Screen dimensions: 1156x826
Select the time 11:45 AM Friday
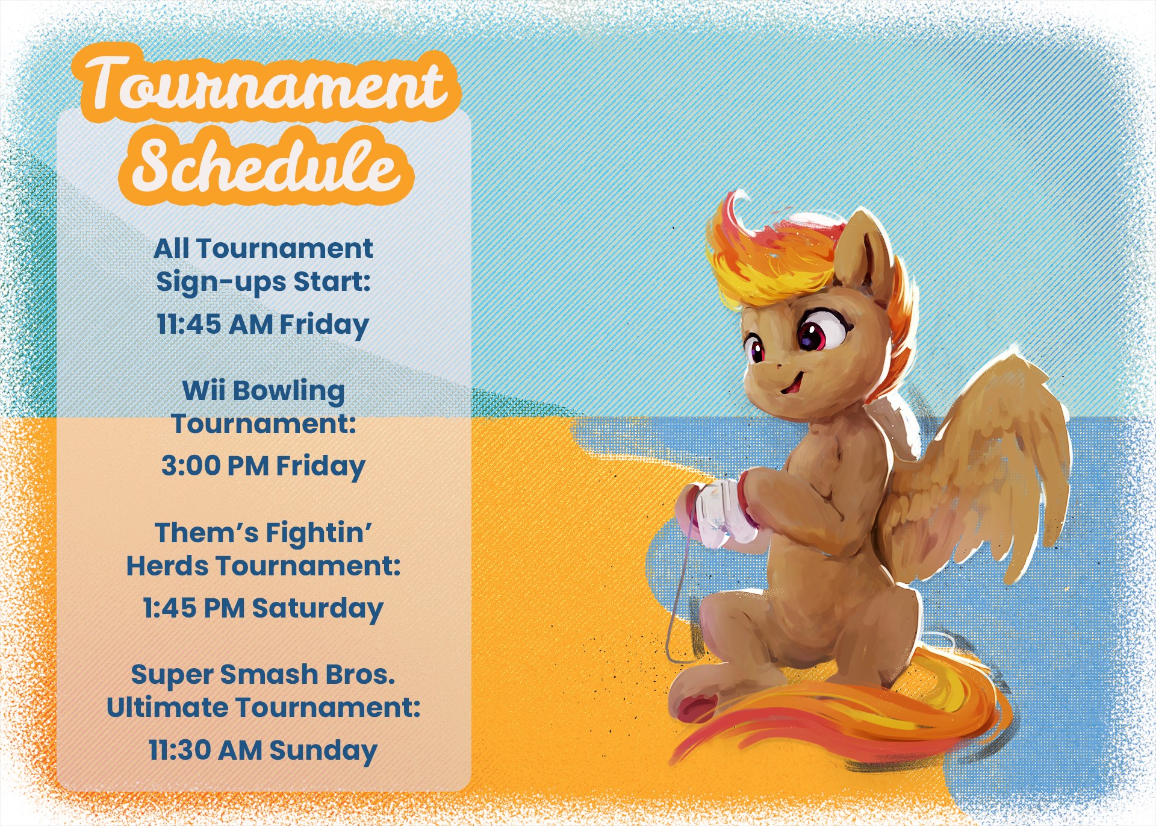point(263,325)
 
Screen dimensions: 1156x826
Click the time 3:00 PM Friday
point(263,466)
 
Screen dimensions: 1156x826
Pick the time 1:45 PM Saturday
point(263,609)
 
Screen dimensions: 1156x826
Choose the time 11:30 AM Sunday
point(263,751)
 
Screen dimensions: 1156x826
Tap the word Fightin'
point(319,533)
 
